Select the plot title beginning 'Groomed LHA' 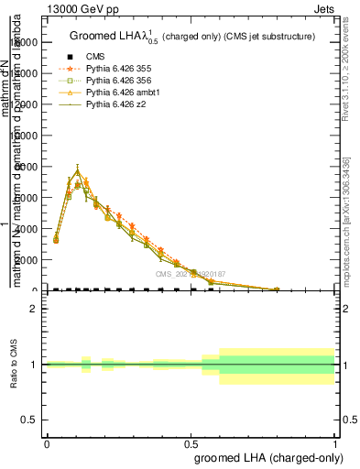pos(192,37)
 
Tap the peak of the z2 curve pos(78,169)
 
